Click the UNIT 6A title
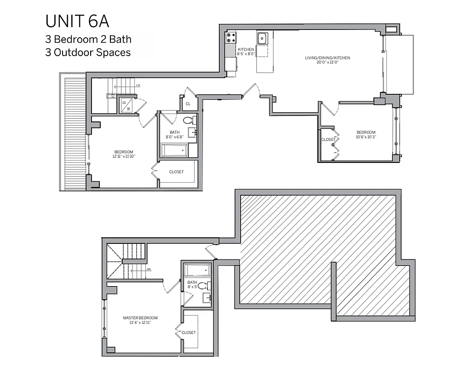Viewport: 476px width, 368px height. [77, 22]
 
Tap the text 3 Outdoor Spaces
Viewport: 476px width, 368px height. [88, 52]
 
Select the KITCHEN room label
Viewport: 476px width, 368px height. [246, 49]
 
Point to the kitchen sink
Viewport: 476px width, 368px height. [263, 38]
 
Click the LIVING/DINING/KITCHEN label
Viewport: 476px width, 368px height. [327, 58]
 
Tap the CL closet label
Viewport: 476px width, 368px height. [188, 104]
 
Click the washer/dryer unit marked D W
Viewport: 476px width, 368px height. [127, 105]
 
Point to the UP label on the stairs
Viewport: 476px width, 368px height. [138, 86]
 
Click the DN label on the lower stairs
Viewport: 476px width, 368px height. [149, 269]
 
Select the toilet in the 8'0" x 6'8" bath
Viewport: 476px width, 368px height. [188, 121]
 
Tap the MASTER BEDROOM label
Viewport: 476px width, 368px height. [140, 318]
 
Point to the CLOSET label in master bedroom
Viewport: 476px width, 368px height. [189, 333]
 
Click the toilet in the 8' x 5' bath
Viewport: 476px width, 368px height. [207, 285]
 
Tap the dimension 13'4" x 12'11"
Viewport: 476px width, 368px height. [140, 323]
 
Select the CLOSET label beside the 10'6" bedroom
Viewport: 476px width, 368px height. [328, 139]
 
